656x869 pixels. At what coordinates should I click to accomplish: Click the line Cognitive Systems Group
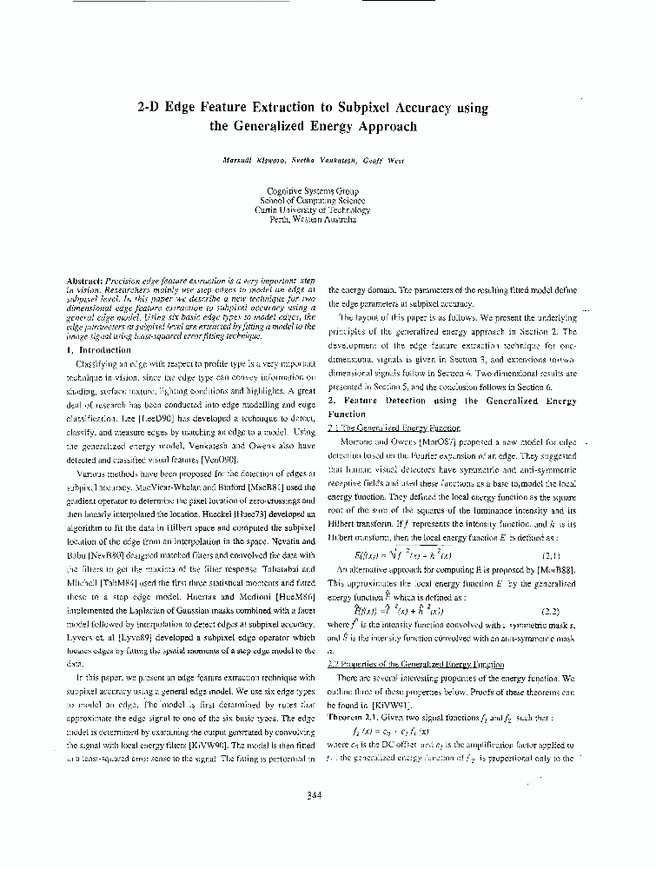(x=312, y=190)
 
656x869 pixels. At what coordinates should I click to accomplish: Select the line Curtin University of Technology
(x=312, y=209)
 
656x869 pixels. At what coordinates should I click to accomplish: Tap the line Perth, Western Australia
(x=312, y=219)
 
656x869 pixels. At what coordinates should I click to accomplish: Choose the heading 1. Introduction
(x=98, y=348)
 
